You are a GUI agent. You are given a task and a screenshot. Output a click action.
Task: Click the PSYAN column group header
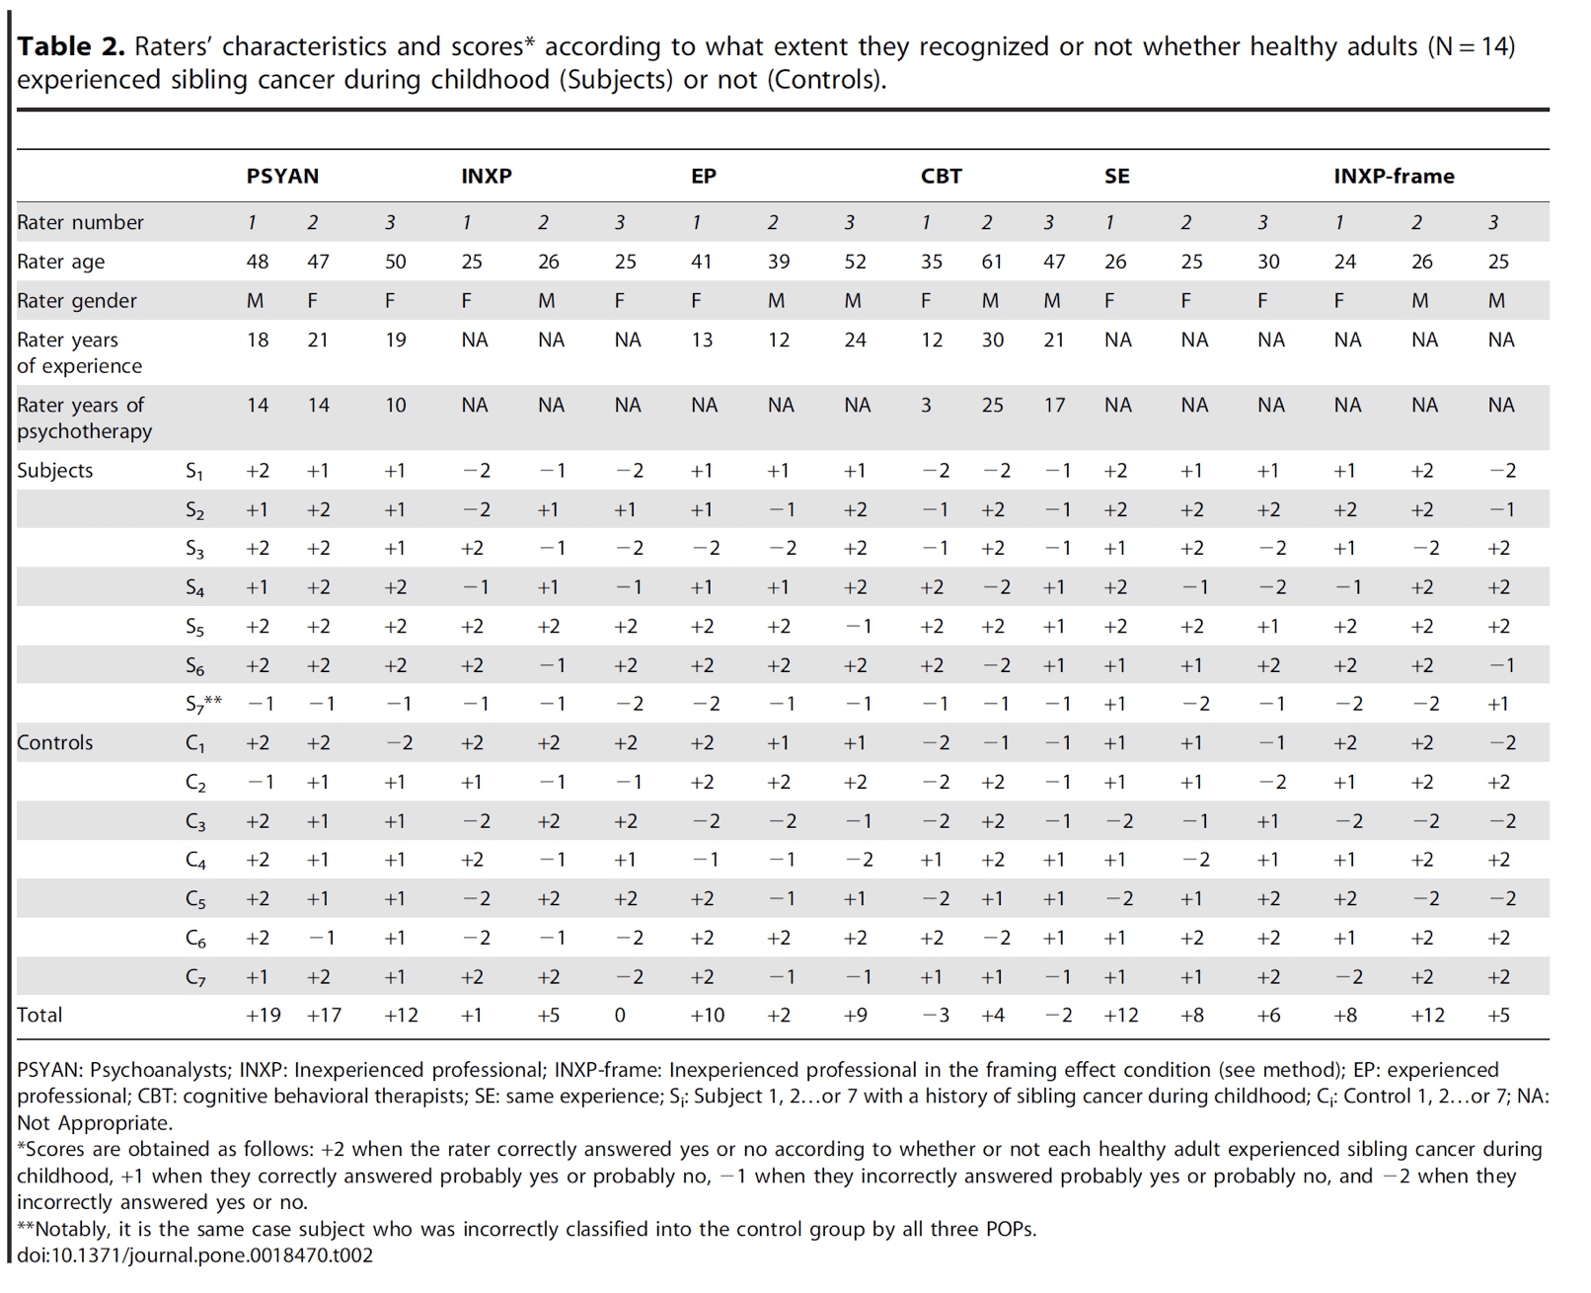(282, 177)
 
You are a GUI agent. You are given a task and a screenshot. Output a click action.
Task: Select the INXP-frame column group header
(1394, 177)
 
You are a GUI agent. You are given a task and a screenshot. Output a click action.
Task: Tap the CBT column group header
(942, 177)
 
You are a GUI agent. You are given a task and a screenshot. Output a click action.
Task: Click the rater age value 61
(992, 262)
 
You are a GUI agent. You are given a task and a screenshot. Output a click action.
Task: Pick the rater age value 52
(856, 262)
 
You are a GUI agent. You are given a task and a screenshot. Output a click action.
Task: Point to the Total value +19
(264, 1015)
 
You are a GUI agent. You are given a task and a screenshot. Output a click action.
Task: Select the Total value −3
(936, 1015)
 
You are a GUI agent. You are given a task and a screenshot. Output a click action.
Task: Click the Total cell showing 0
(620, 1015)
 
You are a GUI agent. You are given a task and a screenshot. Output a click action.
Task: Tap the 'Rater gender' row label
(77, 301)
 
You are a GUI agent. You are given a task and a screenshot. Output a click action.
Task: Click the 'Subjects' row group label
(54, 471)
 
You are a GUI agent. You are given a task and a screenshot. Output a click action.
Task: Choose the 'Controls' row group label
(54, 742)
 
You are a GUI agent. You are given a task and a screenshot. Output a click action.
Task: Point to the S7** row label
(203, 705)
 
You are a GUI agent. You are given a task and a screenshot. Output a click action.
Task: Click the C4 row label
(195, 861)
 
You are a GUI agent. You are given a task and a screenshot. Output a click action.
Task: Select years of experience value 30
(992, 340)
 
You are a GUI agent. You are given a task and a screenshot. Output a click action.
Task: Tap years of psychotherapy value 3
(926, 405)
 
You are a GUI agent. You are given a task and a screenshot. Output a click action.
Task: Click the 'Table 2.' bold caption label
(71, 46)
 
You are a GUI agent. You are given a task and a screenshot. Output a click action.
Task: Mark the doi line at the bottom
(195, 1255)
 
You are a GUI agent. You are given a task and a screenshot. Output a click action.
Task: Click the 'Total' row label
(39, 1015)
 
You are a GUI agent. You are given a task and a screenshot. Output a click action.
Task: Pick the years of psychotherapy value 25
(992, 405)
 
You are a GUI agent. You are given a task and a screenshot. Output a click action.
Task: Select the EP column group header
(704, 177)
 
